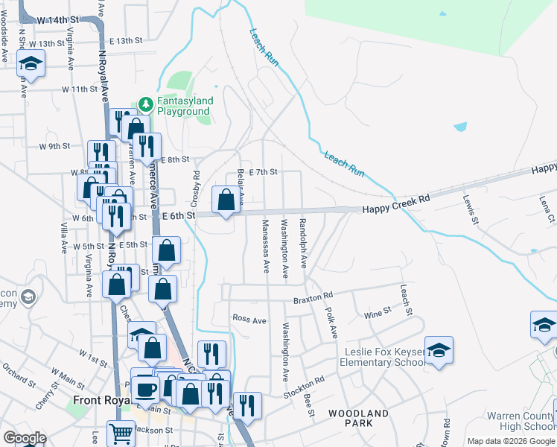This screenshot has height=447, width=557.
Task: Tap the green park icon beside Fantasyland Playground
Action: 146,102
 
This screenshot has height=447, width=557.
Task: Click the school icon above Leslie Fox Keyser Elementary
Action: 439,351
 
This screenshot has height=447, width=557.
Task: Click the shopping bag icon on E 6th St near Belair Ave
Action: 226,200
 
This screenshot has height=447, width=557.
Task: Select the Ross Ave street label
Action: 249,320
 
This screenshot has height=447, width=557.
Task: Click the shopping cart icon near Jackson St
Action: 120,434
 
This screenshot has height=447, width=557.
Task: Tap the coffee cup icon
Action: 145,388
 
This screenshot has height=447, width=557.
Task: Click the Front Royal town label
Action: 102,400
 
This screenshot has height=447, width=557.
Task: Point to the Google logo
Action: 25,438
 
